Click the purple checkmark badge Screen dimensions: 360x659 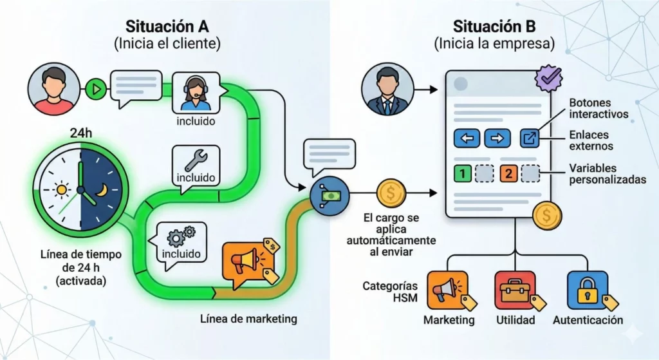coord(548,79)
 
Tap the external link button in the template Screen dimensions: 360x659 coord(529,137)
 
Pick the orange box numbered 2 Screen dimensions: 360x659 coord(508,173)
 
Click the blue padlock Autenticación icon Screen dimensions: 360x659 coord(587,291)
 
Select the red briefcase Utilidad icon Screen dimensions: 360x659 coord(515,291)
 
